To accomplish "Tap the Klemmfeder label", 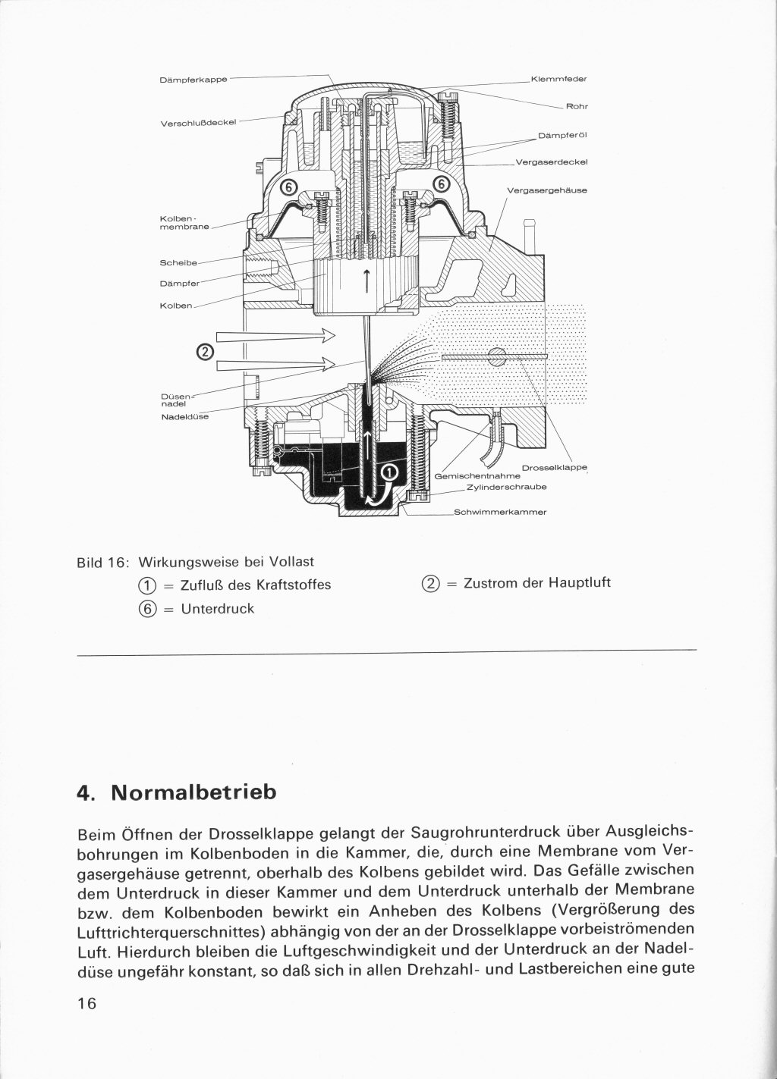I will click(x=558, y=79).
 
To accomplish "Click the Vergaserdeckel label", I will click(x=551, y=162).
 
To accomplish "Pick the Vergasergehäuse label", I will click(x=546, y=190).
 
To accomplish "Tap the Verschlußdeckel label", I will click(x=199, y=122).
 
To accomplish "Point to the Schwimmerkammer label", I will click(x=499, y=512).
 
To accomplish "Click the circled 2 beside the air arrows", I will click(x=205, y=352).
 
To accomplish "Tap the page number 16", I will click(x=87, y=1002).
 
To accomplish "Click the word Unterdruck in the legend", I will click(x=218, y=608).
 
